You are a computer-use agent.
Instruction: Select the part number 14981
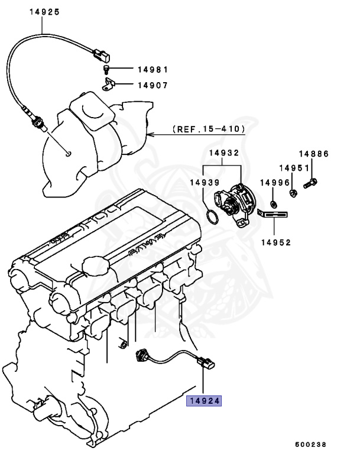coord(153,69)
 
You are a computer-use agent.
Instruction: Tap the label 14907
coord(153,85)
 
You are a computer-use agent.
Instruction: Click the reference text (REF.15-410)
coord(207,128)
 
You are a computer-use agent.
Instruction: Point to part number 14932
coord(222,153)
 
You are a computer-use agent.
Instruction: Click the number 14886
coord(313,154)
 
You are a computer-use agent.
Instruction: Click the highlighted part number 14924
coord(204,401)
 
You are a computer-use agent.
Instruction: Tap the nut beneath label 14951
coord(293,192)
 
